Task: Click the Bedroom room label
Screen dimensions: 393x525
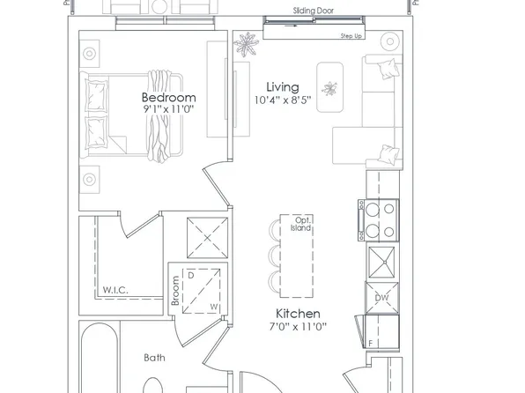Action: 168,97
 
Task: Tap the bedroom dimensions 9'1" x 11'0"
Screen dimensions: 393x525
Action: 168,109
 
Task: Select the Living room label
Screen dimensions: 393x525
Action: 283,88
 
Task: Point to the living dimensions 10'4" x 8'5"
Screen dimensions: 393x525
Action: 283,100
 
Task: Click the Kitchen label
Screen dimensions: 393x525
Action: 297,314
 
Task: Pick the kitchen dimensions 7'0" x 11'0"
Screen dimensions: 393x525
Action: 297,326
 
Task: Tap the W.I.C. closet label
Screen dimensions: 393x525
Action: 115,288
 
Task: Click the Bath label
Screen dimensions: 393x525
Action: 156,358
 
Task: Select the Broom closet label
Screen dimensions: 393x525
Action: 175,292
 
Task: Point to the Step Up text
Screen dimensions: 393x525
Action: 352,37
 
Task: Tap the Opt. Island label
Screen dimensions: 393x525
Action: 302,223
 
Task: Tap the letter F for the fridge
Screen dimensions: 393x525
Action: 372,342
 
